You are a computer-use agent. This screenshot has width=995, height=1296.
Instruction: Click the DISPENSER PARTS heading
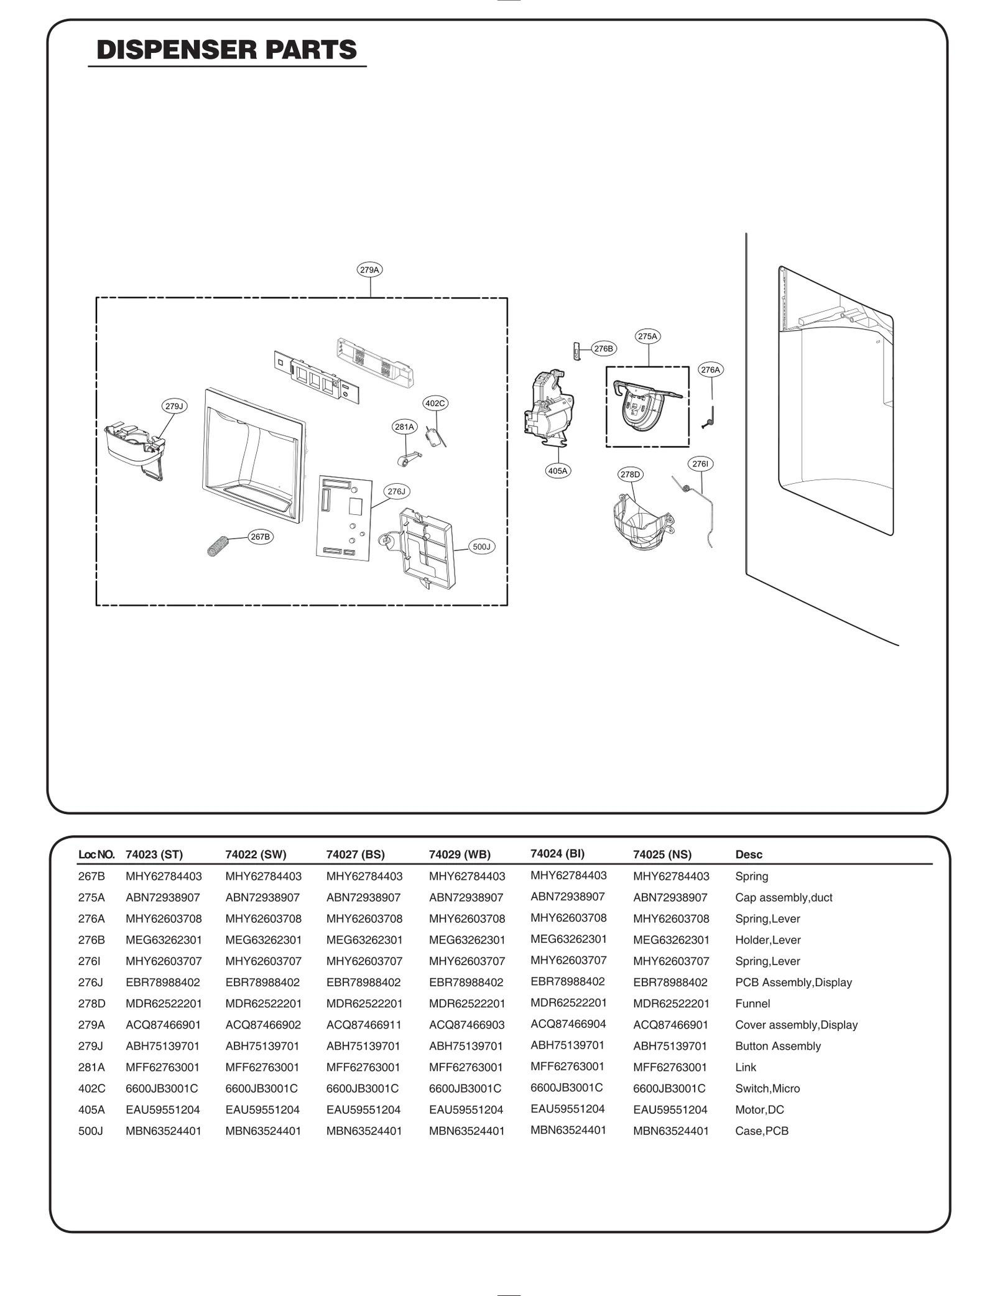[227, 50]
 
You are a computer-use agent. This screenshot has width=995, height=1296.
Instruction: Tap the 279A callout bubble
[370, 270]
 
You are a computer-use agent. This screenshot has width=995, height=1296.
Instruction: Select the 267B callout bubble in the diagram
[260, 537]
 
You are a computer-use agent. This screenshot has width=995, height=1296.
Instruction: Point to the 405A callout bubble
[558, 471]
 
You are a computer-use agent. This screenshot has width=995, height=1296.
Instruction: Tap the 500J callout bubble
[481, 547]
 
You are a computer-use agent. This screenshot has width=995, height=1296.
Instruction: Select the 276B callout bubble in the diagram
[603, 349]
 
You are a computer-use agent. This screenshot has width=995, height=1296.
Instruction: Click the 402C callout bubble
[435, 403]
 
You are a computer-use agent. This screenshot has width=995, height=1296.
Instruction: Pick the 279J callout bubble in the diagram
[174, 406]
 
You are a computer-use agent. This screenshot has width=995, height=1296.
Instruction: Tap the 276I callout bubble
[700, 464]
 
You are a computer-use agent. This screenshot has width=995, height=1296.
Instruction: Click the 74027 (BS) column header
[355, 854]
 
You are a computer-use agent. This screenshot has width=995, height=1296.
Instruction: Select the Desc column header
[749, 854]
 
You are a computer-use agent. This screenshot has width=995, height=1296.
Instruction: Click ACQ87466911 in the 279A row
[364, 1025]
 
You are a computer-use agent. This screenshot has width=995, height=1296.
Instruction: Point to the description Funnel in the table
[752, 1004]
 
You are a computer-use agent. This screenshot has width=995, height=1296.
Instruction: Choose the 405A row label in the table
[91, 1110]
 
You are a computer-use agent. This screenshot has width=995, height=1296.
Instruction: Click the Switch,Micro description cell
[767, 1089]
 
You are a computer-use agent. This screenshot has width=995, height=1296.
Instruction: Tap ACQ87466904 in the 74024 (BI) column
[568, 1024]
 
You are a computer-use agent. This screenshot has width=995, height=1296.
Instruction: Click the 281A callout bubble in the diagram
[404, 427]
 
